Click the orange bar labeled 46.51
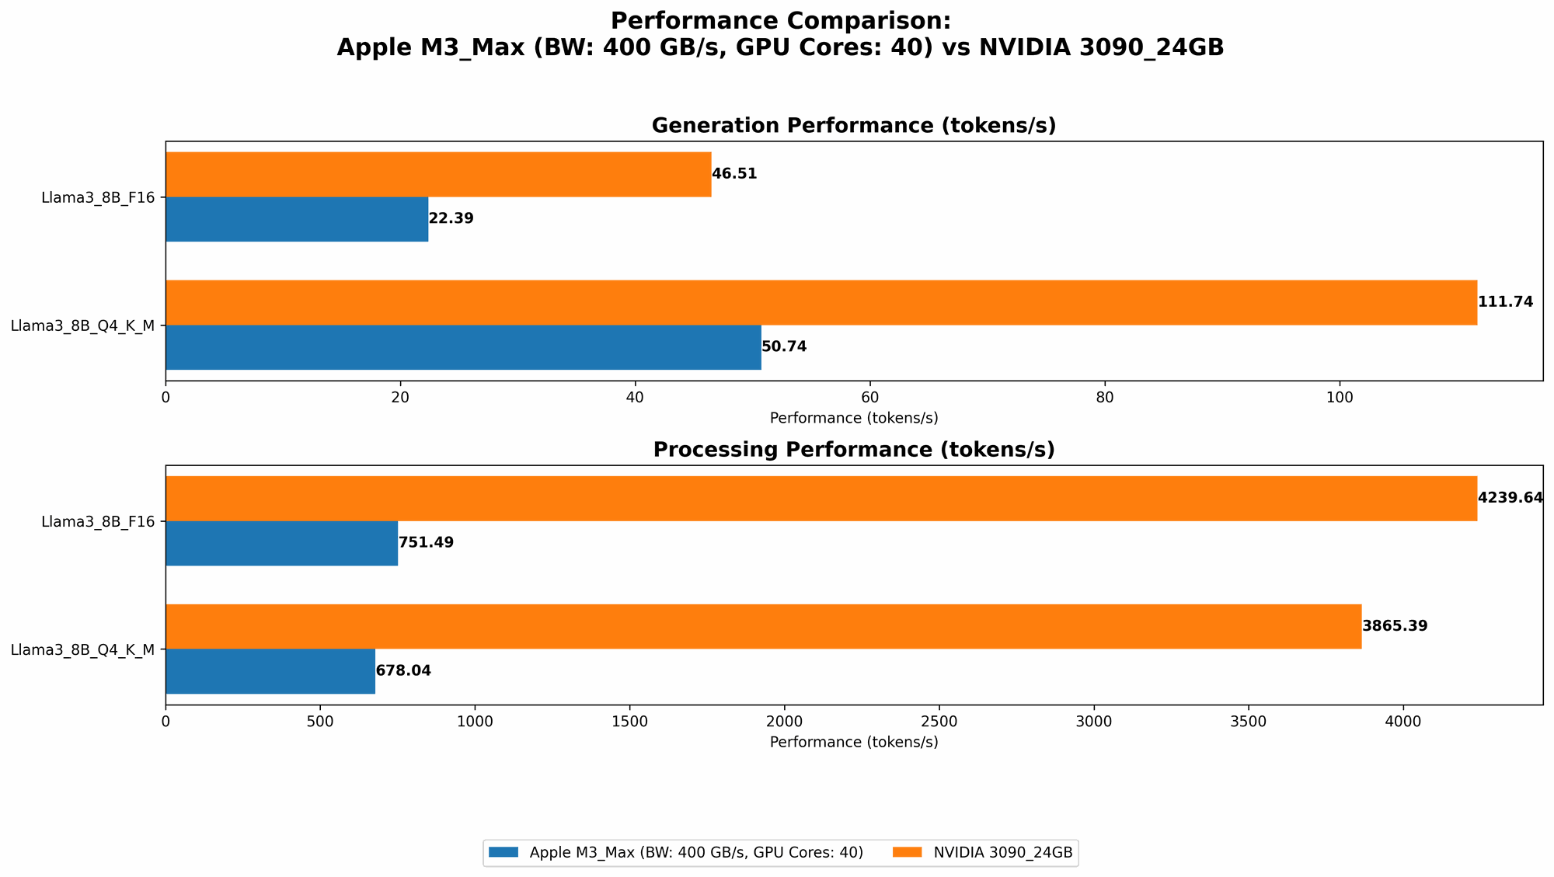click(438, 174)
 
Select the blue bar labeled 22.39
click(297, 219)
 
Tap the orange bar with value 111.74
click(821, 302)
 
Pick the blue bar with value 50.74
click(463, 347)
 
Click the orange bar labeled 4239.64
click(821, 498)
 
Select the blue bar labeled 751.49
click(281, 543)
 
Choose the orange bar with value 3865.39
click(763, 626)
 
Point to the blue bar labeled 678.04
click(270, 671)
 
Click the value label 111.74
click(1505, 302)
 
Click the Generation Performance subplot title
click(853, 126)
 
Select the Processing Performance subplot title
click(853, 450)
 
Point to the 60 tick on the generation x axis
click(869, 397)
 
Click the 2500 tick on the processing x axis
click(939, 722)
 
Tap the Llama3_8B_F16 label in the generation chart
click(97, 197)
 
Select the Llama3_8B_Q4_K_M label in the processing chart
click(82, 649)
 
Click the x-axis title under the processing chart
click(853, 742)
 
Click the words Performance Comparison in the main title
click(780, 21)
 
